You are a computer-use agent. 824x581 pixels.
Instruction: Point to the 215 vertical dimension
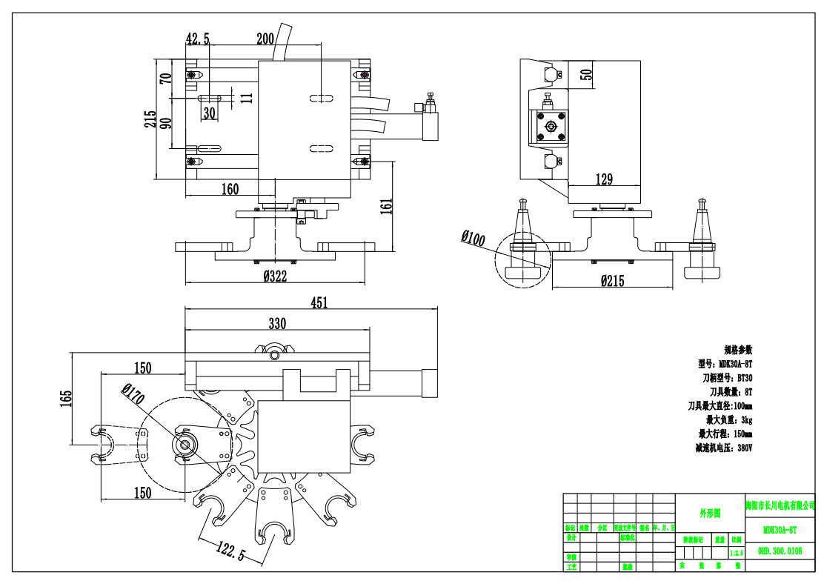click(x=150, y=119)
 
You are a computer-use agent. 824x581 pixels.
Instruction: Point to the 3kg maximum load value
click(x=742, y=419)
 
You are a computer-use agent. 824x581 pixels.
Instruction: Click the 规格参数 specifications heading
click(x=737, y=349)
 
